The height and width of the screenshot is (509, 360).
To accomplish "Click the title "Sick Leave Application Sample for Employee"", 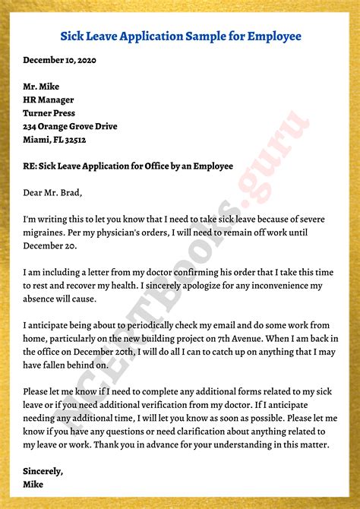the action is click(x=180, y=36).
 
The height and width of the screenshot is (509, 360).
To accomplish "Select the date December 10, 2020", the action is click(x=60, y=59).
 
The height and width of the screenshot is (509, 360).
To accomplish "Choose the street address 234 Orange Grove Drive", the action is click(x=70, y=126).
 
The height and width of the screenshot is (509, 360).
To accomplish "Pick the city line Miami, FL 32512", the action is click(x=55, y=140).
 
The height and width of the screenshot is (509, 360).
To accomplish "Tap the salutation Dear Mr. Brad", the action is click(x=52, y=192).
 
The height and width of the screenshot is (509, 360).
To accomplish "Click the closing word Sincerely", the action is click(x=43, y=471).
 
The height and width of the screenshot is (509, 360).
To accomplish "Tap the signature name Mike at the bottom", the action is click(x=33, y=484).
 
